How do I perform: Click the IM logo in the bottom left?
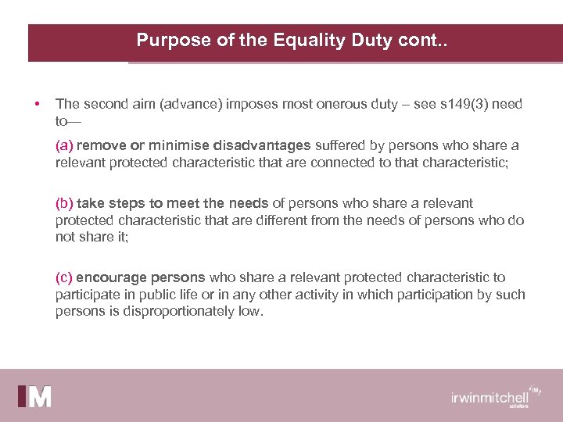(35, 396)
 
